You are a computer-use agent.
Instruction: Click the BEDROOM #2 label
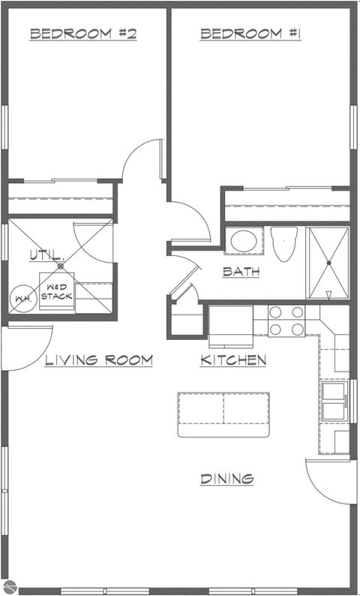[82, 34]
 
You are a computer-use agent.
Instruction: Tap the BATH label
[241, 272]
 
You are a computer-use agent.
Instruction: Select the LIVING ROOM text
[98, 360]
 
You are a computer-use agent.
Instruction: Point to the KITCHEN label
[233, 360]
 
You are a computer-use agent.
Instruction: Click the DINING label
[226, 478]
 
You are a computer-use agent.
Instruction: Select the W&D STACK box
[56, 291]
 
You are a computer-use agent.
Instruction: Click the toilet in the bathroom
[284, 244]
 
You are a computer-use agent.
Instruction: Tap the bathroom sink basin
[243, 242]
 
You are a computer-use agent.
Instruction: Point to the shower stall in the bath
[328, 263]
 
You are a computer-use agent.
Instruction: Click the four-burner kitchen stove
[286, 321]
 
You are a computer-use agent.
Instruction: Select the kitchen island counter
[223, 414]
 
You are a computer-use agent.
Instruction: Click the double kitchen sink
[332, 402]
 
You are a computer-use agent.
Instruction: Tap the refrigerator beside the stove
[229, 322]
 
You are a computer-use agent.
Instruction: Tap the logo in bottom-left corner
[7, 588]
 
